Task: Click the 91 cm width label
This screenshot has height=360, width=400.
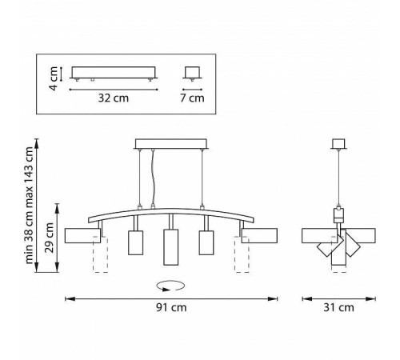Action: [171, 307]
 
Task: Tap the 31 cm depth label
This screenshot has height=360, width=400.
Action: [338, 307]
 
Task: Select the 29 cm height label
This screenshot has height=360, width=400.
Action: [50, 238]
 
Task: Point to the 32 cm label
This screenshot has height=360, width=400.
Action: [114, 98]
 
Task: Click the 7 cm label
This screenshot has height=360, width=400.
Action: [192, 98]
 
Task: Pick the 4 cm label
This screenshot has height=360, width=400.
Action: [54, 78]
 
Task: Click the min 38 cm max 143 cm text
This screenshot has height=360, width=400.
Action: [29, 206]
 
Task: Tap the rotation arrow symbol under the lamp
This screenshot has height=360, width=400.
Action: [170, 286]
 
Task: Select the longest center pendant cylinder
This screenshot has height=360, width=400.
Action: [170, 247]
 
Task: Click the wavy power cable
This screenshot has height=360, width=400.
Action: [153, 178]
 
